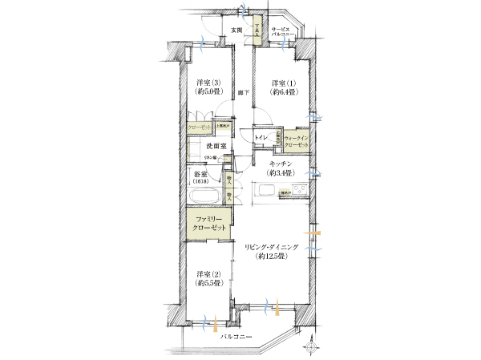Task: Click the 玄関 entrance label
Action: (236, 30)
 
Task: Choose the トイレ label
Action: (261, 139)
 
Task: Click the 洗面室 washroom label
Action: (216, 147)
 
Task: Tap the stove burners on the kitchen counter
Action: (297, 190)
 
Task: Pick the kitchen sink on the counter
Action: (265, 190)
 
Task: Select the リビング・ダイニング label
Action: (273, 247)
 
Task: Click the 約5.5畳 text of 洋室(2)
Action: (207, 283)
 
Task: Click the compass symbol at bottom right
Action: (311, 346)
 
